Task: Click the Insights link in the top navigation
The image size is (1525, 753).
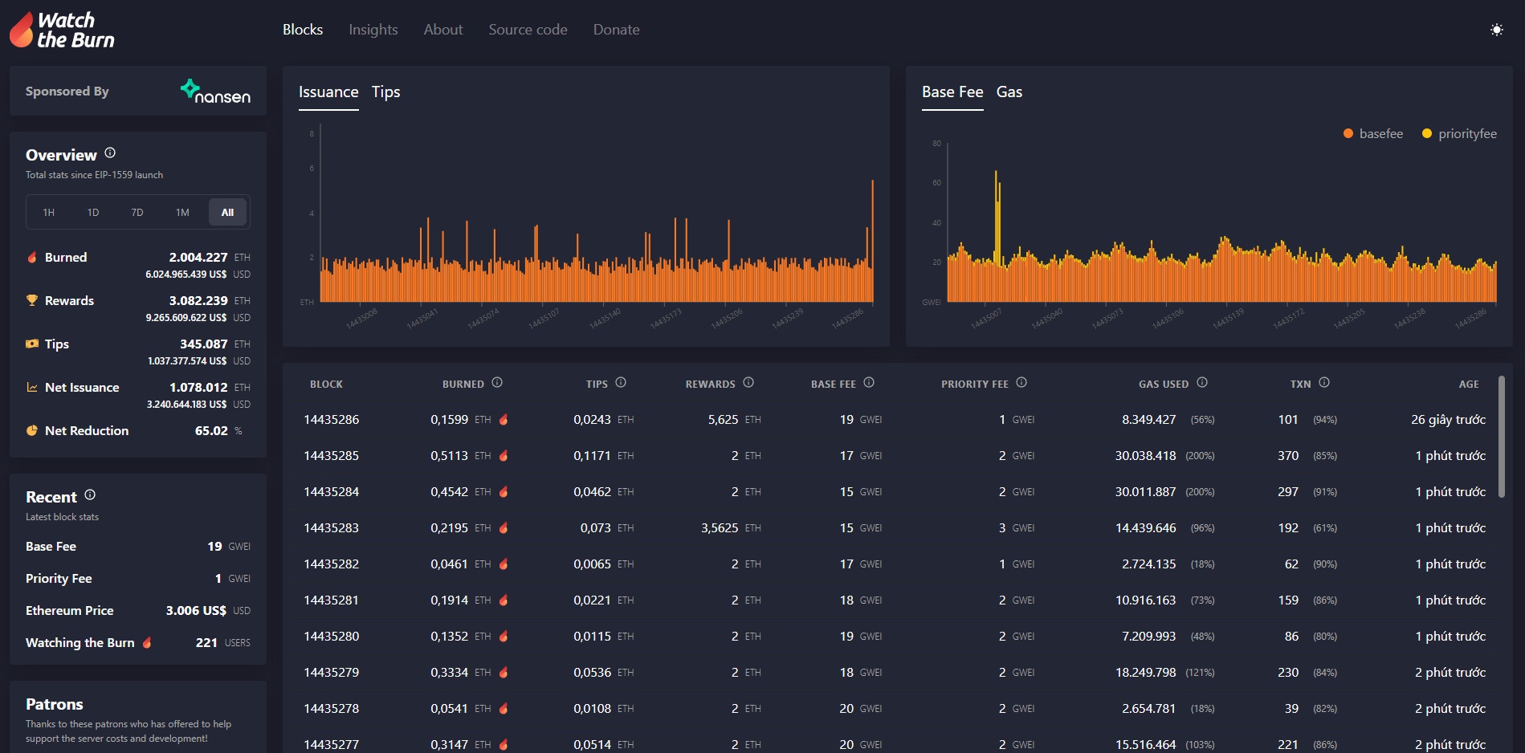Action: tap(373, 30)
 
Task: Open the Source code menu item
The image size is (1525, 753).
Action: tap(528, 30)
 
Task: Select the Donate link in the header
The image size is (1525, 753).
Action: tap(616, 30)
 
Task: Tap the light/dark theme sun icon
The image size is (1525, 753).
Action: tap(1496, 30)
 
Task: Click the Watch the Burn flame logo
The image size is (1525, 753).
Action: tap(22, 30)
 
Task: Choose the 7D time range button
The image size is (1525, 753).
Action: tap(137, 213)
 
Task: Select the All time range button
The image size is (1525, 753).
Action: tap(227, 213)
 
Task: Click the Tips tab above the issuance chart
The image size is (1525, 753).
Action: tap(385, 92)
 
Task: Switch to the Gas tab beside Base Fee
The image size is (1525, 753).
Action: tap(1009, 92)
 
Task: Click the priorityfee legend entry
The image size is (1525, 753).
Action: tap(1459, 134)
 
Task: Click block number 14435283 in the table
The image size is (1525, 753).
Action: tap(331, 528)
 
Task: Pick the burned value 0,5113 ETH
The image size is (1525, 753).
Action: tap(450, 456)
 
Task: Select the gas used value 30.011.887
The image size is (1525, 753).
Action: tap(1145, 492)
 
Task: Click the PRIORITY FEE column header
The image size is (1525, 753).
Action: tap(974, 385)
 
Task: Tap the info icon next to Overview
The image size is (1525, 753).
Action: tap(110, 153)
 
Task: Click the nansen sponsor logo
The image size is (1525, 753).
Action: tap(215, 92)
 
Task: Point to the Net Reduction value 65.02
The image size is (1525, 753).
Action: tap(211, 431)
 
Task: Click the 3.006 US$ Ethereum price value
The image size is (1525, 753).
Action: tap(196, 611)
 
